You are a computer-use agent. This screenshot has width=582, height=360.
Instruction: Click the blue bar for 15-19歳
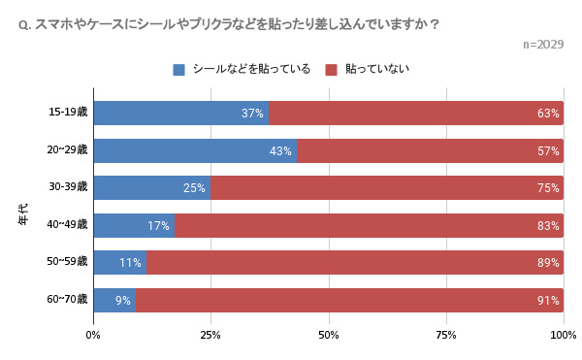tap(180, 114)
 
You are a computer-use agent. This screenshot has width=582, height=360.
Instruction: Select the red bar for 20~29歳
tap(430, 151)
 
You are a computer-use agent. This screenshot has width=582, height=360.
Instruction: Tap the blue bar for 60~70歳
tap(114, 300)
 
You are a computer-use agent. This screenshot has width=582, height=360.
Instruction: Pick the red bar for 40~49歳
tap(369, 226)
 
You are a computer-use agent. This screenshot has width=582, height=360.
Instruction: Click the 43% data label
tap(280, 151)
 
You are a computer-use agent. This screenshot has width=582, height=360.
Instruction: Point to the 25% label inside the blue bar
tap(194, 188)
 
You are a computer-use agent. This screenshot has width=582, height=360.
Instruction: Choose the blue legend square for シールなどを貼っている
tap(178, 69)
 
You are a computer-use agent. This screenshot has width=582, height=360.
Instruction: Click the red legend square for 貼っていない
tap(331, 69)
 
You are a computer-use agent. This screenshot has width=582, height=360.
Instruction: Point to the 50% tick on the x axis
tap(328, 335)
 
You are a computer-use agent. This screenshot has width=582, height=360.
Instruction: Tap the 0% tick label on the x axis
tap(93, 335)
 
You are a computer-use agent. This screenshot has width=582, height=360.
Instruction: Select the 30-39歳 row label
tap(68, 186)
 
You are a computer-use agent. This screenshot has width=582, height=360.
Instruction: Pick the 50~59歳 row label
tap(68, 261)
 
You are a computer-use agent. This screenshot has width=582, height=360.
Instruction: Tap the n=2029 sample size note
tap(542, 45)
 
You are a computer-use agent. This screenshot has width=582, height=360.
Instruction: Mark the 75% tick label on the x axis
tap(445, 335)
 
